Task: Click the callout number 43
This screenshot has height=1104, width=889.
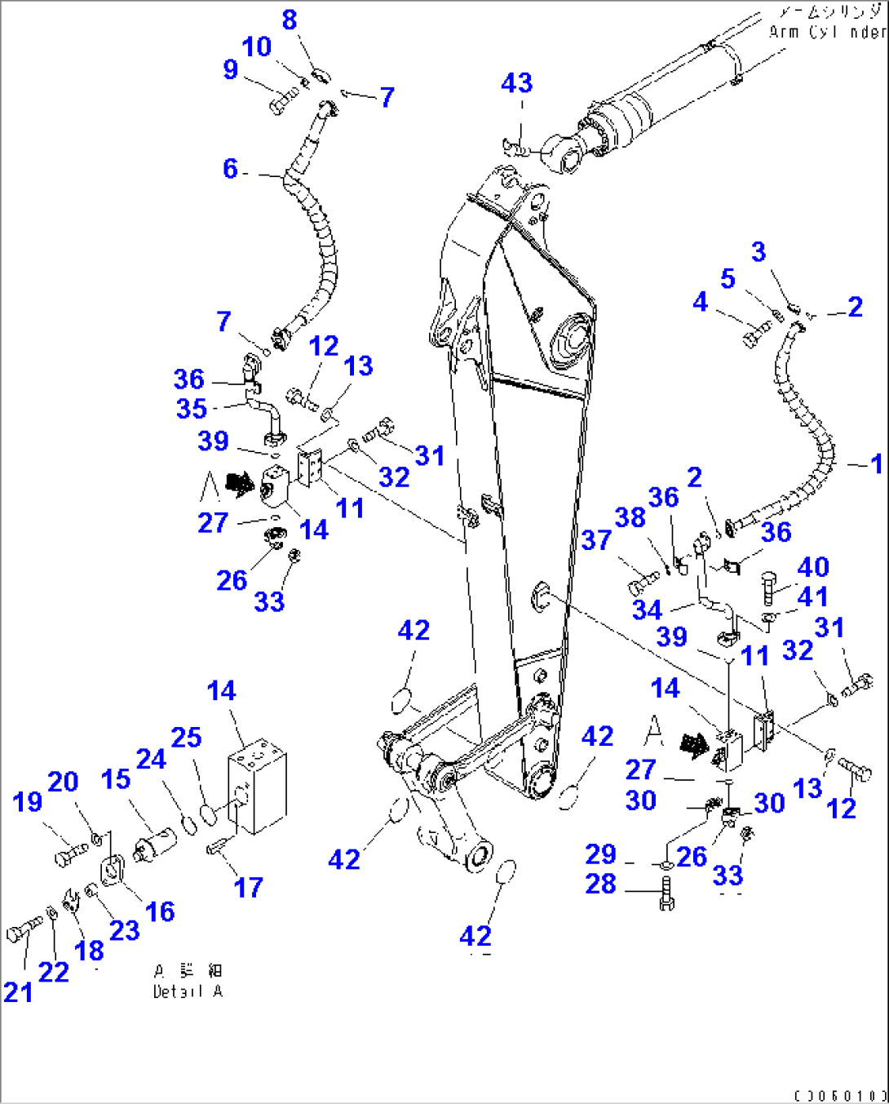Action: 516,82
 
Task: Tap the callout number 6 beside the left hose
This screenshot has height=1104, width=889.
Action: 231,169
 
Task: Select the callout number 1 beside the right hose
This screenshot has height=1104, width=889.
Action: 876,464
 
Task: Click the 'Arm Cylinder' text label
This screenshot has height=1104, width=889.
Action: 827,32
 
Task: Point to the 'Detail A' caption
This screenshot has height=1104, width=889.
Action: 188,991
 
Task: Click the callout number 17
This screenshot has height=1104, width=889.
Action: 249,887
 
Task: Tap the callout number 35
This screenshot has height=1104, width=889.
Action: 192,408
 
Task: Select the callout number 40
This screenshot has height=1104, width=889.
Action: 813,566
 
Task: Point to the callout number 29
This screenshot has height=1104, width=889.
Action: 601,854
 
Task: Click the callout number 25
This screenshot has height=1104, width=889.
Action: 186,738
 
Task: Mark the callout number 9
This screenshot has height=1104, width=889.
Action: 231,69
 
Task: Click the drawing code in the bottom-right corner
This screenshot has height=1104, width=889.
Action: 839,1095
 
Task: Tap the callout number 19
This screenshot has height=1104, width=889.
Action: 27,801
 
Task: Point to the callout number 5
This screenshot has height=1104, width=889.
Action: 728,278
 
